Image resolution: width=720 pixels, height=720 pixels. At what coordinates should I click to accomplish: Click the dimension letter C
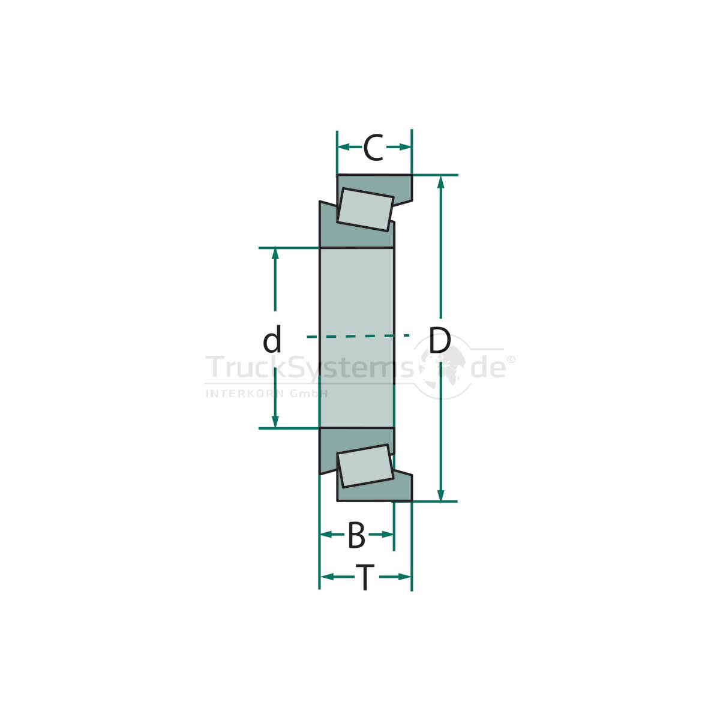tap(373, 147)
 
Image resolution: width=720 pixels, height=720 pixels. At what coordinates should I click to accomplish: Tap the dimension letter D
tap(440, 340)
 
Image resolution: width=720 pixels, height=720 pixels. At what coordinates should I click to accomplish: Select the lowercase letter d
tap(272, 339)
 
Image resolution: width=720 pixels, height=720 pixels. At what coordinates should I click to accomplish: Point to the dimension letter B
tap(356, 535)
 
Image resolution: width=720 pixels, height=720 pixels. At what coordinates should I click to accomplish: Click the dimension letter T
tap(365, 577)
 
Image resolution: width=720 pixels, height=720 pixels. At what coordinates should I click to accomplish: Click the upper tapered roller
tap(365, 209)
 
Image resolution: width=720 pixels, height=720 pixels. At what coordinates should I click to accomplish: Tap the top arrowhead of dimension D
tap(441, 182)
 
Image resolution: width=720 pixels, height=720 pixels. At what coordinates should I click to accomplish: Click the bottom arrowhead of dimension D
tap(441, 494)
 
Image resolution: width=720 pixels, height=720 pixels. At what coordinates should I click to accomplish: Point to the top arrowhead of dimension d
tap(275, 254)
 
